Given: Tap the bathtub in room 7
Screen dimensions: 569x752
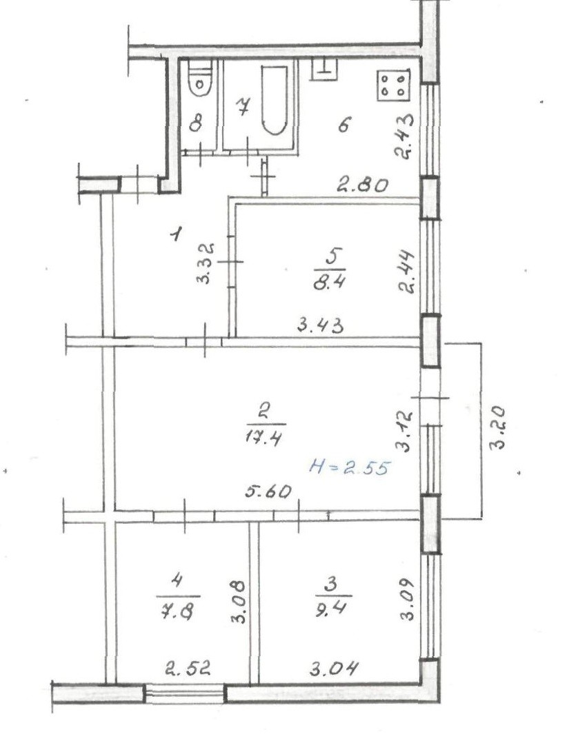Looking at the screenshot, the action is pyautogui.click(x=274, y=100).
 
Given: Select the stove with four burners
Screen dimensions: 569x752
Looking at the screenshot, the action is pyautogui.click(x=394, y=85).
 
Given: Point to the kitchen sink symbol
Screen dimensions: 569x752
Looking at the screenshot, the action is pyautogui.click(x=325, y=70).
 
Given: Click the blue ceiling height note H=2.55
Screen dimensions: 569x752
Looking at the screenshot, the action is pyautogui.click(x=350, y=467).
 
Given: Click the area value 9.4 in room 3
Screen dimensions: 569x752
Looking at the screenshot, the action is pyautogui.click(x=332, y=609).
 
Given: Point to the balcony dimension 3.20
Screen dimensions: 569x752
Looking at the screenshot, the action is pyautogui.click(x=499, y=427).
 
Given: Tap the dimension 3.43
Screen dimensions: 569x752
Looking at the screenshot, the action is pyautogui.click(x=320, y=325).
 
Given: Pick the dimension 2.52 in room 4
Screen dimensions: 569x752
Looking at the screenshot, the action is pyautogui.click(x=188, y=668).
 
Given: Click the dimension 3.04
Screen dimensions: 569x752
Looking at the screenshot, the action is pyautogui.click(x=334, y=668).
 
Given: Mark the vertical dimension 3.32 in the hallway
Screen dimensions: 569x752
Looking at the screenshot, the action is pyautogui.click(x=205, y=263).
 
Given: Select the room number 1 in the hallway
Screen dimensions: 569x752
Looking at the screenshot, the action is pyautogui.click(x=177, y=234).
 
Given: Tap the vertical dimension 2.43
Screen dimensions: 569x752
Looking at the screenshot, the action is pyautogui.click(x=403, y=136).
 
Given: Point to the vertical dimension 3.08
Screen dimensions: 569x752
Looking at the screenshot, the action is pyautogui.click(x=239, y=602).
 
